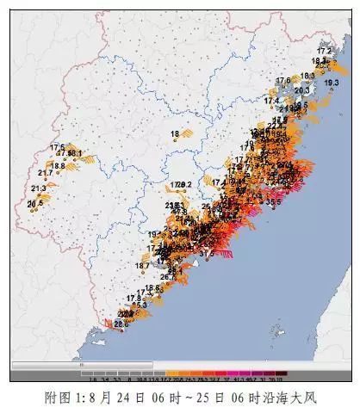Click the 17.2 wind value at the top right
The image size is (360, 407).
(x=324, y=52)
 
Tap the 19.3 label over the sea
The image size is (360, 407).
(x=332, y=83)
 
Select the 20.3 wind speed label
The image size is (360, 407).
(x=302, y=89)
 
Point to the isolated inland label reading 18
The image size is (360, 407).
(x=175, y=133)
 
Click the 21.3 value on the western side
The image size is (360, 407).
(x=39, y=188)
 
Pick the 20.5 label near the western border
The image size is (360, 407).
(x=35, y=204)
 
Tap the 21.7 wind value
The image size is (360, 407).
(x=46, y=173)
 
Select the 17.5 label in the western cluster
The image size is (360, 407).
(x=58, y=147)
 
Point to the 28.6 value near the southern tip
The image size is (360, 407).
(x=121, y=324)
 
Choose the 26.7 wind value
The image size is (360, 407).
(x=166, y=277)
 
